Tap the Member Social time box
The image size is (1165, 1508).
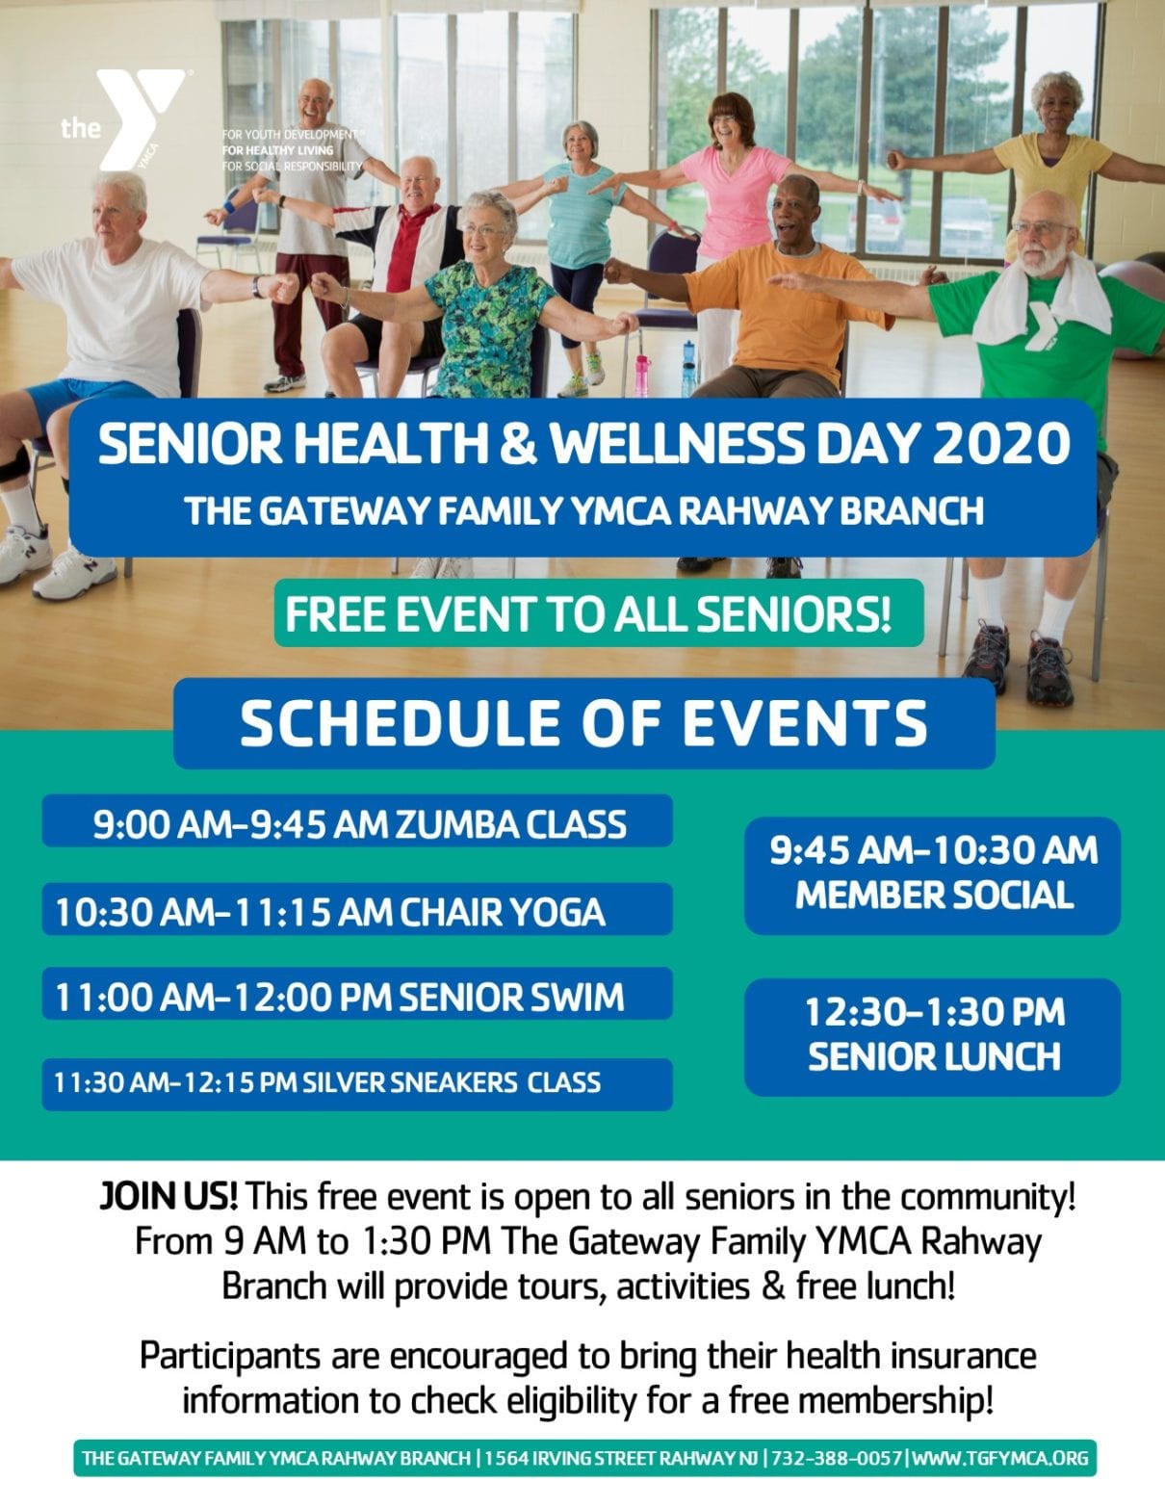tap(932, 873)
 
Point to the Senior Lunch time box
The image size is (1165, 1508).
tap(932, 1035)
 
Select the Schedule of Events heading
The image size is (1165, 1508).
tap(583, 723)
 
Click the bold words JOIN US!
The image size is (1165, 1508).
tap(168, 1198)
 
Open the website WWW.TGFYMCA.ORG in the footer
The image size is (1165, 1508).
tap(999, 1458)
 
